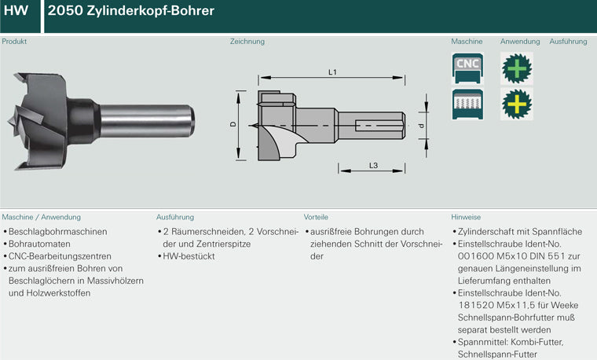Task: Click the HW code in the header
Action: tap(16, 10)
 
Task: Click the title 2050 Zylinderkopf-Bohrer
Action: tap(131, 11)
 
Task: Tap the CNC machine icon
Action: tap(467, 68)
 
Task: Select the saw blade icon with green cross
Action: tap(517, 68)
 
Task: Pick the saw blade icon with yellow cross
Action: tap(517, 104)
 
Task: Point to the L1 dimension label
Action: tap(332, 72)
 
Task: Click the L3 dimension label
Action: tap(373, 165)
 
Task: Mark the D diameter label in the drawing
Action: tap(233, 124)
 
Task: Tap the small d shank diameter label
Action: tap(421, 125)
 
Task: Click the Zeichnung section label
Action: tap(247, 41)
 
